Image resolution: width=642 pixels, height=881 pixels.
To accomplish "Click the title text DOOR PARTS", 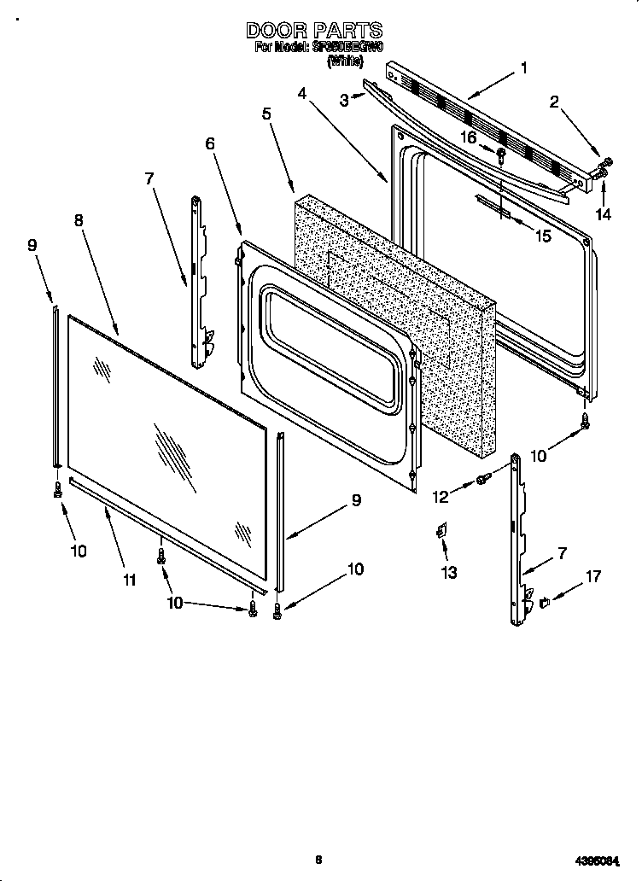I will pyautogui.click(x=314, y=31).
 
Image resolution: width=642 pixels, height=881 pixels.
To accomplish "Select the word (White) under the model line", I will pyautogui.click(x=345, y=61).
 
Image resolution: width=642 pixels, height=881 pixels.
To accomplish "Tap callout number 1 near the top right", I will pyautogui.click(x=523, y=67).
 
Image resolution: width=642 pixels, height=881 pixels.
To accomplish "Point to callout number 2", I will pyautogui.click(x=554, y=102).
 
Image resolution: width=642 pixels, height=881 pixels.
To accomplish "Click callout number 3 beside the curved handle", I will pyautogui.click(x=344, y=100).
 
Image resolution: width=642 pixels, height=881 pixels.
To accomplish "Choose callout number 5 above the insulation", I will pyautogui.click(x=266, y=113).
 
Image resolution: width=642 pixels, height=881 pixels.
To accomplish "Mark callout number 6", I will pyautogui.click(x=210, y=144).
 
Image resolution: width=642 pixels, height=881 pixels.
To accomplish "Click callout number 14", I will pyautogui.click(x=604, y=214).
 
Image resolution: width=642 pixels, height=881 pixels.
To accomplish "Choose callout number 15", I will pyautogui.click(x=543, y=236).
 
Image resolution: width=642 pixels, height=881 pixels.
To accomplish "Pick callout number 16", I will pyautogui.click(x=468, y=137).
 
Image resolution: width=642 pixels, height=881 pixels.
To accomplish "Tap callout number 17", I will pyautogui.click(x=593, y=577).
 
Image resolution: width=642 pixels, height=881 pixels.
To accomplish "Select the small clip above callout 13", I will pyautogui.click(x=442, y=532).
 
